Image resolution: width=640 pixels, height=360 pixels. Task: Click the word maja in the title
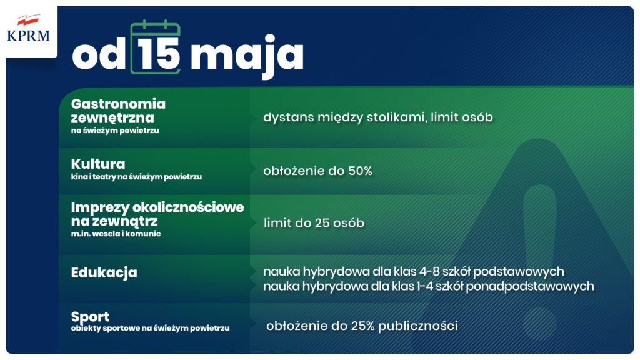click(247, 57)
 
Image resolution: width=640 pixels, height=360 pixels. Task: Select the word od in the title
click(100, 56)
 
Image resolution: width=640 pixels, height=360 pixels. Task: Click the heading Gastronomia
click(118, 104)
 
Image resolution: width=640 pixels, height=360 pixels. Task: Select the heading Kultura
click(98, 164)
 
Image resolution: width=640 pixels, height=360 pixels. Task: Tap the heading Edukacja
click(104, 273)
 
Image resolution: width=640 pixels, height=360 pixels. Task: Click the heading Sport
click(90, 317)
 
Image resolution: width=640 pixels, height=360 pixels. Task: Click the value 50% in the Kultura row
click(359, 171)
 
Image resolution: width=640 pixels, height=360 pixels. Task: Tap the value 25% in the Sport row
click(362, 326)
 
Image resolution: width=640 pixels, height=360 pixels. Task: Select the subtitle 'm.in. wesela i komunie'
click(116, 234)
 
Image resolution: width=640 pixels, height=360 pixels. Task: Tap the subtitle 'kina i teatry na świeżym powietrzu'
click(136, 177)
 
